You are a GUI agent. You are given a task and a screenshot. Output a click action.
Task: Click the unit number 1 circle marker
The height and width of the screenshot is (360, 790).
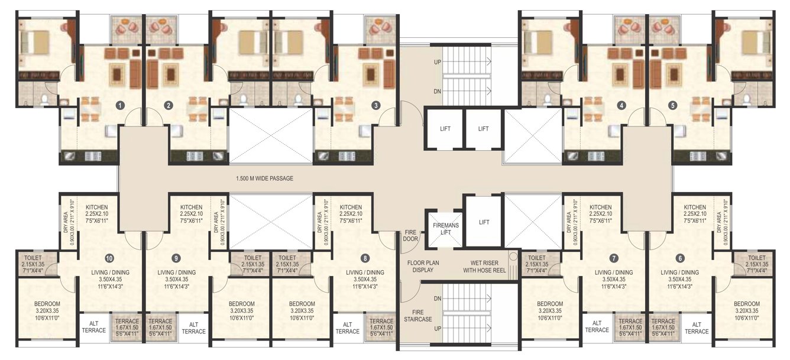coord(120,106)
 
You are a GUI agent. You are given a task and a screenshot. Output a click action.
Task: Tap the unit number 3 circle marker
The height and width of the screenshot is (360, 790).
coord(376,106)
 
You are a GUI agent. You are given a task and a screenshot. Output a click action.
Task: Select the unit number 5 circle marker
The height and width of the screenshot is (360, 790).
coord(672,106)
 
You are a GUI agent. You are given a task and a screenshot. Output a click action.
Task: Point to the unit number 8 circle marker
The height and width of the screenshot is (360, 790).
coord(365,258)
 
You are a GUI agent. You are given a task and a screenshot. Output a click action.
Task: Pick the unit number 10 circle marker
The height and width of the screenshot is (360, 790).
coord(109,258)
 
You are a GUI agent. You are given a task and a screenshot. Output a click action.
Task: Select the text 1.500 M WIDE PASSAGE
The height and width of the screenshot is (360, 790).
coord(264,179)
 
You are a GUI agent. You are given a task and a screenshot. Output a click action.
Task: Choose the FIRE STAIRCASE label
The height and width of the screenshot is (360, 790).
coord(419,317)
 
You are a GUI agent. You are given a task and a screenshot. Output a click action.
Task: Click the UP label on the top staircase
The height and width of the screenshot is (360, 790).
coord(438,61)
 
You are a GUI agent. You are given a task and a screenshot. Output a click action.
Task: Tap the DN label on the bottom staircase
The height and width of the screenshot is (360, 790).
coord(438,299)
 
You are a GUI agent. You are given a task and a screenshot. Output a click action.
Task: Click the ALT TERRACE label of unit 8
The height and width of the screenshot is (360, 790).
coord(347,327)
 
